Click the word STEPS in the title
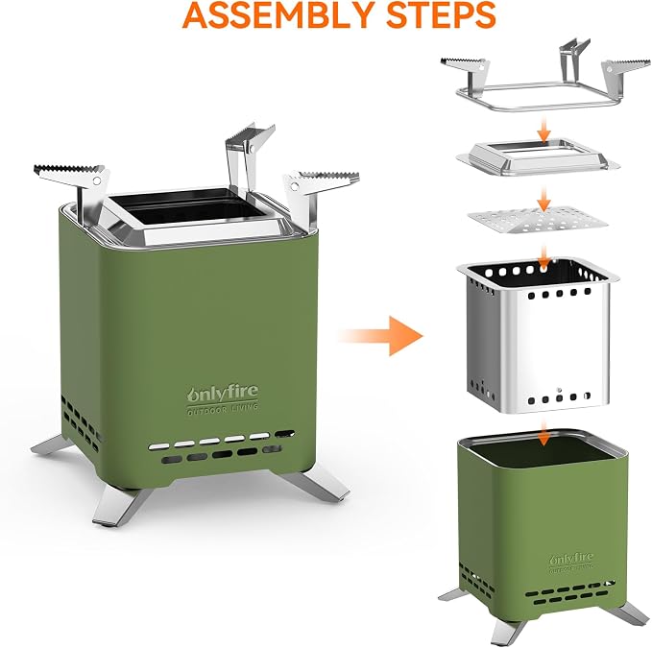click(x=441, y=15)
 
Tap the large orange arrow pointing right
click(x=381, y=335)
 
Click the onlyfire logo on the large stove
click(x=223, y=394)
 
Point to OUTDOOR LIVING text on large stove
click(x=223, y=409)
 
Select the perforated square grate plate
click(x=538, y=220)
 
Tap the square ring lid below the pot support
click(x=538, y=157)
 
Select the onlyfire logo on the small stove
click(x=571, y=559)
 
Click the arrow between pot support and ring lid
click(x=543, y=130)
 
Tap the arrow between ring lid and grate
click(x=543, y=199)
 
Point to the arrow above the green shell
click(x=543, y=433)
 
